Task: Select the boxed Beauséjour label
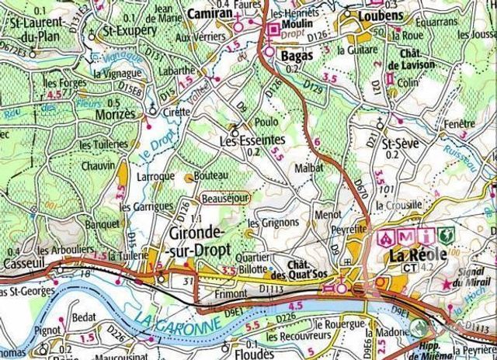pyautogui.click(x=224, y=199)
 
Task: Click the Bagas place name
pyautogui.click(x=296, y=56)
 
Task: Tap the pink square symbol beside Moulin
pyautogui.click(x=273, y=29)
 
